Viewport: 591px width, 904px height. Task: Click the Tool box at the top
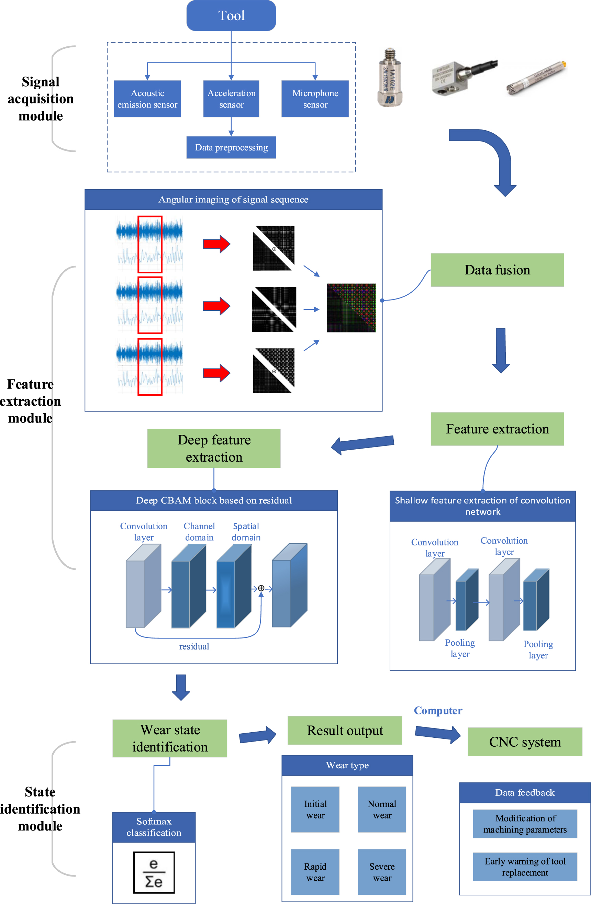click(x=231, y=15)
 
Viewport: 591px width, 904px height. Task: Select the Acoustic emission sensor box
click(x=147, y=99)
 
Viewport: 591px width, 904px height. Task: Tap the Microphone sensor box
click(x=315, y=99)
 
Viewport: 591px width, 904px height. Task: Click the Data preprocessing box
click(x=231, y=147)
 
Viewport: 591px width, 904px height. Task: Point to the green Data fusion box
click(x=497, y=270)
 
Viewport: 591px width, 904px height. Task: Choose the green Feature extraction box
click(x=497, y=429)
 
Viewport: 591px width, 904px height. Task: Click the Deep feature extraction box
click(x=214, y=448)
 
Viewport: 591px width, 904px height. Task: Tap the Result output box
click(x=345, y=731)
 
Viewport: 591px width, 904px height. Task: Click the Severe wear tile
click(x=382, y=872)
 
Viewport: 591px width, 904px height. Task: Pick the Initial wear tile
click(x=315, y=810)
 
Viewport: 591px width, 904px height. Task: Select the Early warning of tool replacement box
click(x=525, y=867)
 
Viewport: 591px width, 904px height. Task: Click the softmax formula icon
click(x=154, y=872)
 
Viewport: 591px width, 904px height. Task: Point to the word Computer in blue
click(x=438, y=711)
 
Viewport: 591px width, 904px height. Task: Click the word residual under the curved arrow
click(x=194, y=646)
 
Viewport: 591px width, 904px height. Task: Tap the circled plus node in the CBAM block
click(x=261, y=588)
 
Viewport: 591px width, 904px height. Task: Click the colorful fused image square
click(x=351, y=308)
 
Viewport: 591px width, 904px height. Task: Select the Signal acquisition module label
click(x=41, y=99)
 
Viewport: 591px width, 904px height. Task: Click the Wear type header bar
click(x=347, y=765)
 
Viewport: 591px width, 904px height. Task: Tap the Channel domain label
click(x=199, y=532)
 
